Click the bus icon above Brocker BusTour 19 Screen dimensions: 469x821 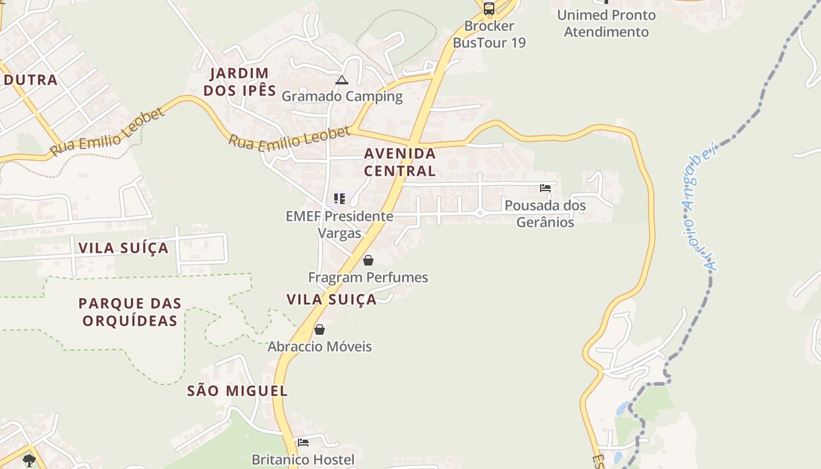[x=488, y=9]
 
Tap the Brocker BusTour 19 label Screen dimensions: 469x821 [x=489, y=34]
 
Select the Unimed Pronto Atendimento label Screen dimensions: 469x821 [x=606, y=23]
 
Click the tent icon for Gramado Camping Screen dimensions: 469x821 [x=342, y=80]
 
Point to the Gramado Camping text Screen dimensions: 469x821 [x=342, y=96]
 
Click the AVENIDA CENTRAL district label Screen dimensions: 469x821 [x=400, y=162]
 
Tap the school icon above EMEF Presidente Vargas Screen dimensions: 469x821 [x=340, y=199]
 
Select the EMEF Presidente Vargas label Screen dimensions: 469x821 [x=340, y=225]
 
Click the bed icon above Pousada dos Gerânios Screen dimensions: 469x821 [x=545, y=188]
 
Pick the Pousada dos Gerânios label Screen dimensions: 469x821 [x=545, y=214]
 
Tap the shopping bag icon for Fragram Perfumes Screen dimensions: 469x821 [x=368, y=260]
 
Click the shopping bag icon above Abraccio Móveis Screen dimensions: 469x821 [x=320, y=329]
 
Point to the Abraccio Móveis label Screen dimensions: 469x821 [x=320, y=346]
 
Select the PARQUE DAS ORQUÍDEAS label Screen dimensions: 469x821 [x=130, y=312]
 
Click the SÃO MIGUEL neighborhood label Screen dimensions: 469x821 [x=238, y=391]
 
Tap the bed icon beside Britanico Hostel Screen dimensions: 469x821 [x=303, y=443]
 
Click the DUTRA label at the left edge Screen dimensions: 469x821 [x=30, y=80]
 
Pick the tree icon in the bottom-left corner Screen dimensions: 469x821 [x=29, y=460]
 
